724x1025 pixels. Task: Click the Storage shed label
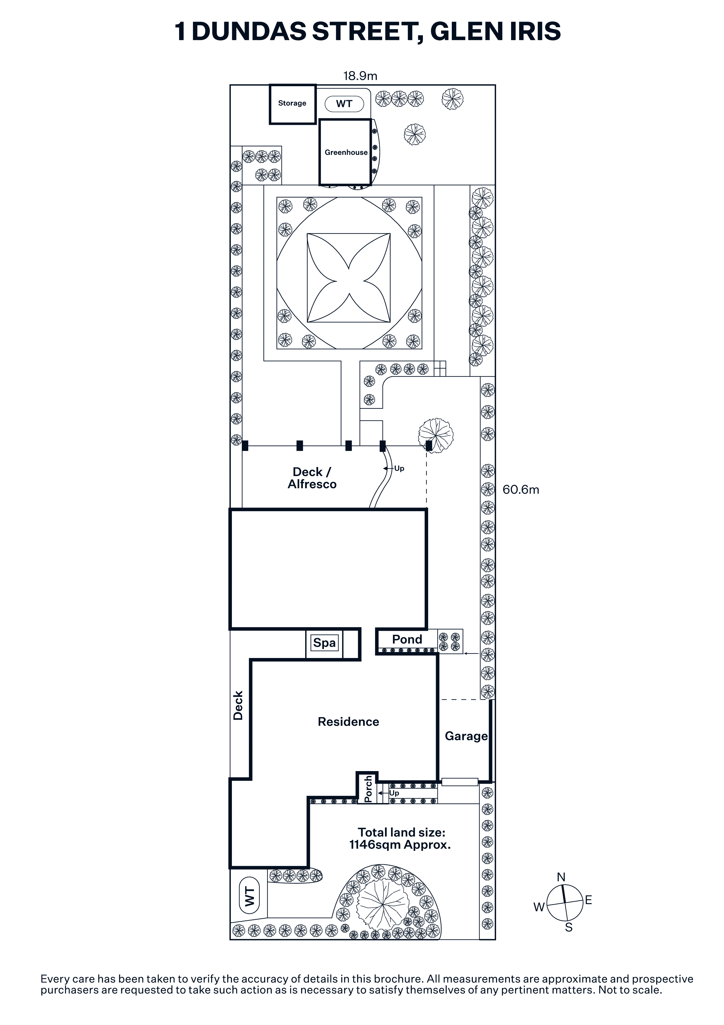pos(292,103)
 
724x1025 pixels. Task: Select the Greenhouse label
pos(346,152)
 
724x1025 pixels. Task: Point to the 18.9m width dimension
pos(360,76)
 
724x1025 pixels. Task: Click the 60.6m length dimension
pos(520,490)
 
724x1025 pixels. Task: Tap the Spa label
pos(324,643)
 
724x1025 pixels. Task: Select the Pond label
pos(407,639)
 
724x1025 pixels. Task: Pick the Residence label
pos(348,722)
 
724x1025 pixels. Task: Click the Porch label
pos(368,789)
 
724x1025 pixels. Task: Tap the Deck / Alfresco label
pos(312,478)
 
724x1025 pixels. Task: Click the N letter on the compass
pos(561,877)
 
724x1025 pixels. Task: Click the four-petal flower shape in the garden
pos(348,278)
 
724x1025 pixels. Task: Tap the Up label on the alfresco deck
pos(399,468)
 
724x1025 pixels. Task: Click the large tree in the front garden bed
pos(383,904)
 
